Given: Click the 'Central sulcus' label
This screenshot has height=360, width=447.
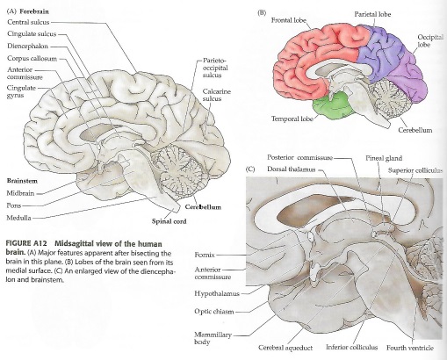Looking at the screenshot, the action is [28, 23].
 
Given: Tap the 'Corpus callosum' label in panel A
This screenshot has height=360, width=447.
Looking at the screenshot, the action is [32, 59].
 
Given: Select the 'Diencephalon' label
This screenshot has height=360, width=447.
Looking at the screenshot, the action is [28, 47].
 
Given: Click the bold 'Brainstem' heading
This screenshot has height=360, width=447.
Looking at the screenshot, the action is [22, 181].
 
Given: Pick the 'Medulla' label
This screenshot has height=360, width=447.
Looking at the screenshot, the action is [18, 218].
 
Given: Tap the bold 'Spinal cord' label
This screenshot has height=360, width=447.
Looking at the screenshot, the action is [169, 221].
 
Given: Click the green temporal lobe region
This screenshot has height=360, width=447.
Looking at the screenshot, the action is [332, 107].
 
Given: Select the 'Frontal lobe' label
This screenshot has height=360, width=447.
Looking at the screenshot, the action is [289, 20].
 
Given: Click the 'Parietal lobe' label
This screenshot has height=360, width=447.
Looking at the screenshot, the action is [372, 14].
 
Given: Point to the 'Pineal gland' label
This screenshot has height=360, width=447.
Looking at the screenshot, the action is [384, 158].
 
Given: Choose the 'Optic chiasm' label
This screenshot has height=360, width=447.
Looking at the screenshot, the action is [214, 312].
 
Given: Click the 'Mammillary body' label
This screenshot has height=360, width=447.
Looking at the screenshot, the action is [213, 338].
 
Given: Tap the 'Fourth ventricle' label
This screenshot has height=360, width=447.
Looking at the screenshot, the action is [410, 348].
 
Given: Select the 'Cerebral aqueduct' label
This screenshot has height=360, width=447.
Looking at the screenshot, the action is [285, 348].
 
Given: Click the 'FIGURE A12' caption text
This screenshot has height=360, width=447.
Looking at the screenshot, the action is [27, 244].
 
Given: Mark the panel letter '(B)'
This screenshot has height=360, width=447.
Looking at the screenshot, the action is [262, 13].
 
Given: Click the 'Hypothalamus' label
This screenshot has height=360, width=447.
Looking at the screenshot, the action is [217, 293].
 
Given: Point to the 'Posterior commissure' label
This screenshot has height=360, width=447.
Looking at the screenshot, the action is [299, 158].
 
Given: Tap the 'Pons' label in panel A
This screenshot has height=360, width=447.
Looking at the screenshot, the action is [14, 205].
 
